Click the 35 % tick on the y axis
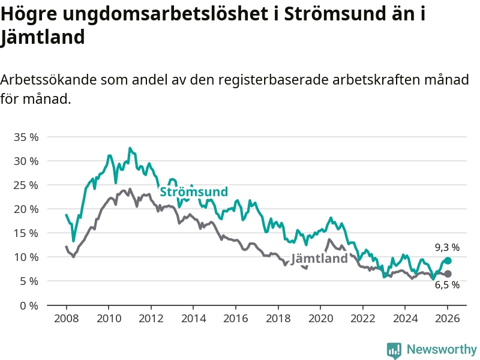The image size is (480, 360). tap(26, 137)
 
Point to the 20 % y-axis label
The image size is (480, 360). tap(26, 209)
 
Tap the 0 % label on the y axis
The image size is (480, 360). tap(29, 305)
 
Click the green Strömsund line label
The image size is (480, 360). tap(193, 192)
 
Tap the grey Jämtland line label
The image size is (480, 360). tap(319, 259)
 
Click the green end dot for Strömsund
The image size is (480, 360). tap(448, 260)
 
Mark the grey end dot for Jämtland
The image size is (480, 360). tap(448, 274)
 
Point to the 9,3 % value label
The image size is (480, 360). tap(447, 247)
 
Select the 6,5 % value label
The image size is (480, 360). tap(447, 286)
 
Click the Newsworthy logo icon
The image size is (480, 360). tap(394, 350)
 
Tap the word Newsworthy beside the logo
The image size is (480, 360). tap(442, 349)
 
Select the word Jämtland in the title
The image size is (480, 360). tap(43, 37)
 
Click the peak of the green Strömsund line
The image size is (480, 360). tap(130, 148)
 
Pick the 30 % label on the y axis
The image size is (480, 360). tap(26, 161)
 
